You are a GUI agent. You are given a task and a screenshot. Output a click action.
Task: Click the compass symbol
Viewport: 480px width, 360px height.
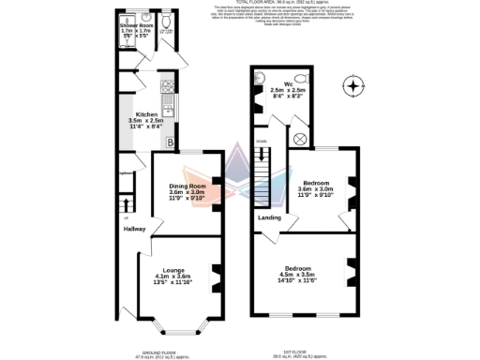point(353,86)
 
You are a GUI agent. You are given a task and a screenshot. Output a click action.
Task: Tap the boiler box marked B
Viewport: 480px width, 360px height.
point(171,143)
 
